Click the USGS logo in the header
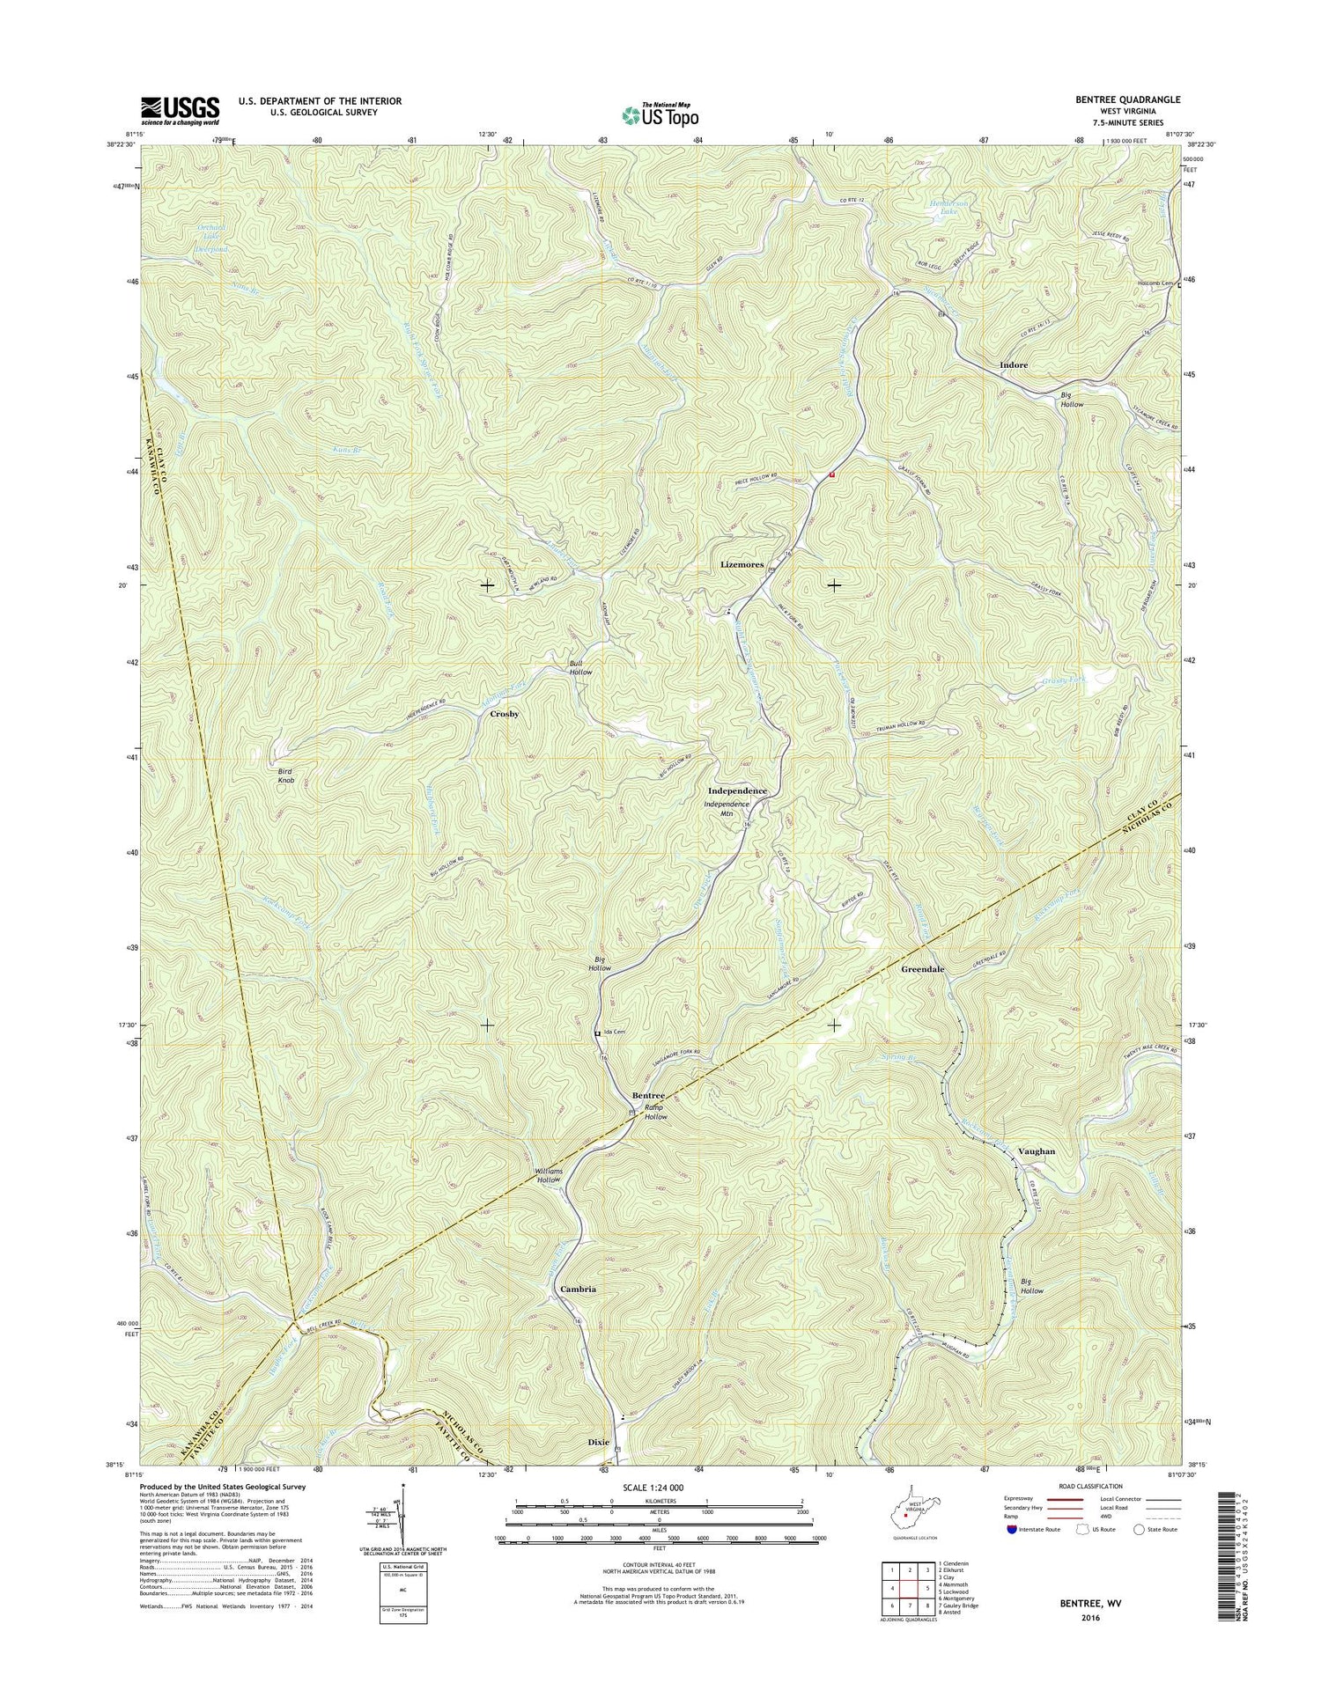pyautogui.click(x=180, y=109)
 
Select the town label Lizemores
pyautogui.click(x=742, y=564)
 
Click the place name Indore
pyautogui.click(x=1014, y=364)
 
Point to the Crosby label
pyautogui.click(x=504, y=714)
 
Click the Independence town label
pyautogui.click(x=738, y=790)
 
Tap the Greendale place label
pyautogui.click(x=923, y=969)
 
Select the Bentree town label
pyautogui.click(x=648, y=1095)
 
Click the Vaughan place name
pyautogui.click(x=1036, y=1151)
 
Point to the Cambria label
pyautogui.click(x=578, y=1289)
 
